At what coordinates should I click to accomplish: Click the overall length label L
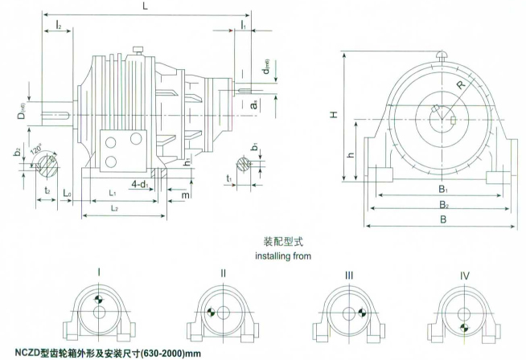144,6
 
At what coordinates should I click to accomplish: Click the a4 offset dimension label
254,104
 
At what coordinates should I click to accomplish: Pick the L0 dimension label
68,194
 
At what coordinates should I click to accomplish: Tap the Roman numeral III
348,275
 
